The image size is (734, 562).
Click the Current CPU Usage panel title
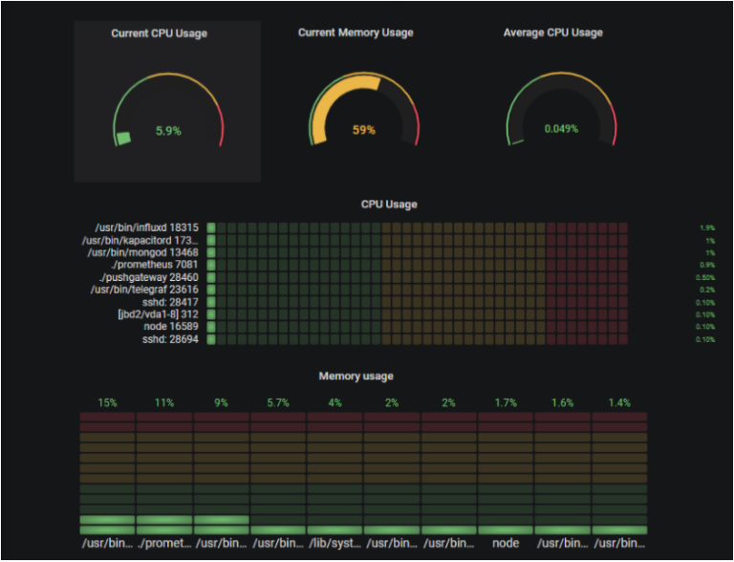click(x=159, y=33)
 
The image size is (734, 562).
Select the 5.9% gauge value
click(x=168, y=131)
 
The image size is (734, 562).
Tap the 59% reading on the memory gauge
click(x=364, y=130)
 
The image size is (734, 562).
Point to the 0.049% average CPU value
click(x=561, y=129)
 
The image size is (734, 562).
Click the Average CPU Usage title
click(x=552, y=32)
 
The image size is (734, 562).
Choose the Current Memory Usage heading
click(x=356, y=32)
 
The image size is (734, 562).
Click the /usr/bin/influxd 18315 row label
click(x=147, y=227)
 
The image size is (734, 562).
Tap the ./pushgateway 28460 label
click(x=152, y=277)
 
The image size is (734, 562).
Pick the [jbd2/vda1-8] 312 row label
click(x=158, y=314)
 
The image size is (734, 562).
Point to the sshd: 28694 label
click(x=171, y=339)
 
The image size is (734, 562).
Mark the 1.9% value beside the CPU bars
click(x=706, y=228)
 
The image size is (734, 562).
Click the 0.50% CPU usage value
click(x=705, y=278)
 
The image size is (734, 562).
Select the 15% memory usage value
click(x=107, y=403)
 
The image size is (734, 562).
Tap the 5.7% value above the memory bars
click(x=277, y=403)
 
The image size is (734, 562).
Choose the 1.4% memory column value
click(x=619, y=403)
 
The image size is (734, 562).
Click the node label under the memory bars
click(x=506, y=544)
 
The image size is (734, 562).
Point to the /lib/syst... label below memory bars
click(x=335, y=544)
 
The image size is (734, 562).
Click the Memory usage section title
click(x=356, y=377)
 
